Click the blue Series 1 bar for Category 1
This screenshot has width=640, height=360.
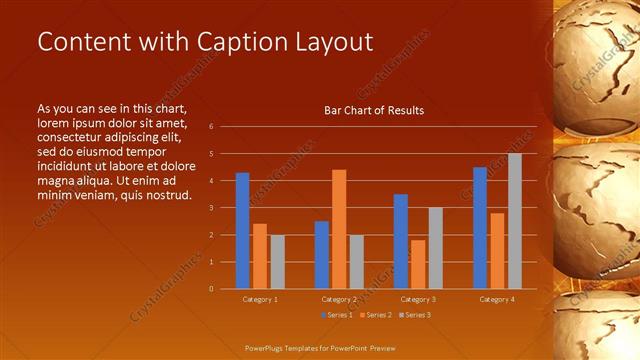click(x=242, y=231)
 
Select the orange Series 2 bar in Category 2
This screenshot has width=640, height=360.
click(x=339, y=229)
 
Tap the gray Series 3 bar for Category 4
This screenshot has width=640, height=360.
click(x=515, y=221)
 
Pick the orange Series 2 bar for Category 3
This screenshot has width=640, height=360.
click(x=418, y=264)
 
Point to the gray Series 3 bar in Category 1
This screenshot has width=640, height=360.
click(x=277, y=262)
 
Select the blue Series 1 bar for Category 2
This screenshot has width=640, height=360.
click(x=322, y=255)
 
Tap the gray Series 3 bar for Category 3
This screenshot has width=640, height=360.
click(x=435, y=248)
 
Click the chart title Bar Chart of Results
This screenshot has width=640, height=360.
click(x=374, y=110)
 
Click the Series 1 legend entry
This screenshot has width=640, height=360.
click(x=337, y=315)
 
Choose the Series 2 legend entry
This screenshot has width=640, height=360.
click(x=375, y=315)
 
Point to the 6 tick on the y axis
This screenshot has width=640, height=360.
click(x=211, y=127)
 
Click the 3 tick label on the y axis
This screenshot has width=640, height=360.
click(x=211, y=208)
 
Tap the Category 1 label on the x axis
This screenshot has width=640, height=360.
click(x=260, y=299)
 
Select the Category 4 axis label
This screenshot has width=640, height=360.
click(x=497, y=299)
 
